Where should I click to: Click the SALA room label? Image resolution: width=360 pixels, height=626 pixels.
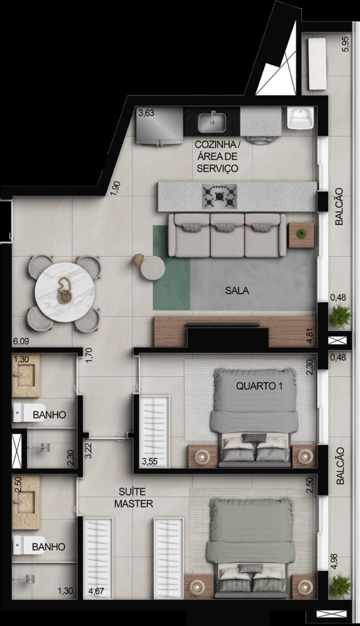(x=237, y=290)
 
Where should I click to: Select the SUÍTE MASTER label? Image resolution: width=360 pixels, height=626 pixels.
(x=134, y=498)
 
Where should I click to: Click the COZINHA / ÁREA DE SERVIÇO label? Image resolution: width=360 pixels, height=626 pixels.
(x=217, y=156)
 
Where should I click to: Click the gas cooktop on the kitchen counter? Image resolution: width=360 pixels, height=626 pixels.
(x=219, y=196)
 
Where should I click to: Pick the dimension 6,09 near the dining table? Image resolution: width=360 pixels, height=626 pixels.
(x=21, y=341)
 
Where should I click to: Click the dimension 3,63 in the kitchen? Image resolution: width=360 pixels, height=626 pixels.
(x=146, y=113)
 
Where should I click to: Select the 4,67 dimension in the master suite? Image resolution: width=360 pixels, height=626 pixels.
(x=96, y=591)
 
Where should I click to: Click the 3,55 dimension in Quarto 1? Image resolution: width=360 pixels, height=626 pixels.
(x=150, y=461)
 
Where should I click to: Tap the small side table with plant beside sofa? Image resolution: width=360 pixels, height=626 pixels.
(x=301, y=235)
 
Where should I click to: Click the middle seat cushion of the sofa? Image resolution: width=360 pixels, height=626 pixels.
(x=227, y=235)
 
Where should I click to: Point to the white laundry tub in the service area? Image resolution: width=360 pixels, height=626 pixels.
(x=300, y=118)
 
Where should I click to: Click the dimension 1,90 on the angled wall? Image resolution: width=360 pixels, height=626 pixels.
(x=115, y=188)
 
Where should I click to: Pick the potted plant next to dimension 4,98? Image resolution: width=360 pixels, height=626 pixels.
(x=341, y=587)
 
